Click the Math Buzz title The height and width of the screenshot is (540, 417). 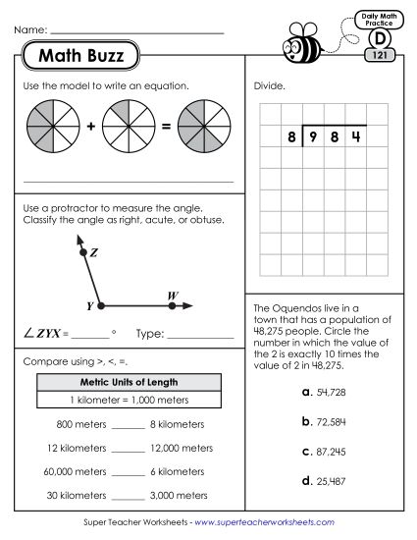pos(81,56)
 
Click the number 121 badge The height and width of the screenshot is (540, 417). pos(379,56)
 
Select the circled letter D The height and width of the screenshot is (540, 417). pos(379,38)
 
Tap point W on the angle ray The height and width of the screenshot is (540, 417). pos(173,304)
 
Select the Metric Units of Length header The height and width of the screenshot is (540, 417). pos(127,382)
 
